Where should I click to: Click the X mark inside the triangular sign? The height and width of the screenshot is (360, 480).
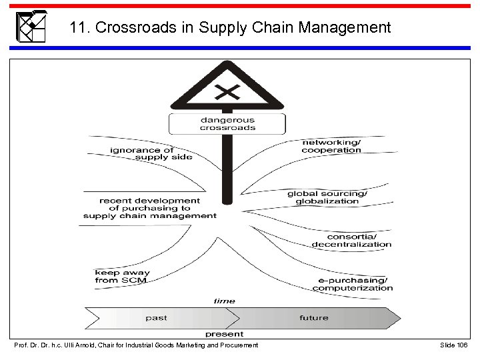227,91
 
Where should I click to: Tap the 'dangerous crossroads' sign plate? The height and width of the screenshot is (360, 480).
227,124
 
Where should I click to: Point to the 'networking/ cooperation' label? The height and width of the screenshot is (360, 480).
331,146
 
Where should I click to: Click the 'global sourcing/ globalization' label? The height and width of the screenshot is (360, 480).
327,197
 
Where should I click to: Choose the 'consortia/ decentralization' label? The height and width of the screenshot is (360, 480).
351,241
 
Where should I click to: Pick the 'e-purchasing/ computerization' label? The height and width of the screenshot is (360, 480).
353,284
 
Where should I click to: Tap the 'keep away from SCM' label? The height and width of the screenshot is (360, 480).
122,277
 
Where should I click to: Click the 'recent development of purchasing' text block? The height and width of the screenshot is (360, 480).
149,208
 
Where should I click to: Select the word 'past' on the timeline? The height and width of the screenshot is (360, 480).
156,318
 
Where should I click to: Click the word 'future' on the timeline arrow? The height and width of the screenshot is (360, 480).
313,318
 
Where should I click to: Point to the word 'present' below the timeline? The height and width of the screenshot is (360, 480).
224,333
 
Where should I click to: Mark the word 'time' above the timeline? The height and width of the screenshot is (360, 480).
224,301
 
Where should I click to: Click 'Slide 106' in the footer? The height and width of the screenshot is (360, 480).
455,345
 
